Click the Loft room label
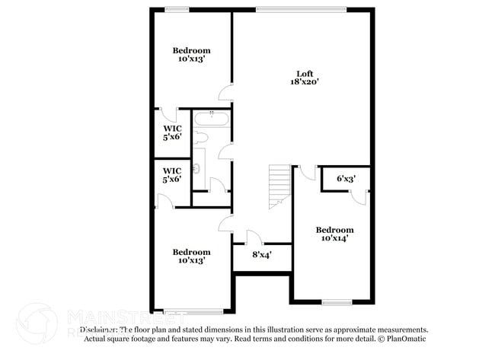pyautogui.click(x=304, y=74)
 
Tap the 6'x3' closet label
pyautogui.click(x=346, y=180)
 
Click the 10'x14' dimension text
pyautogui.click(x=335, y=239)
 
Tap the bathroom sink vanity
pyautogui.click(x=198, y=161)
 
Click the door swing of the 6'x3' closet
pyautogui.click(x=359, y=197)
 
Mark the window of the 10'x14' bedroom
pyautogui.click(x=335, y=303)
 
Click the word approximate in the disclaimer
pyautogui.click(x=360, y=330)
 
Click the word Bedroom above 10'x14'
pyautogui.click(x=335, y=230)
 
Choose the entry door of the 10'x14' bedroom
pyautogui.click(x=307, y=172)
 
